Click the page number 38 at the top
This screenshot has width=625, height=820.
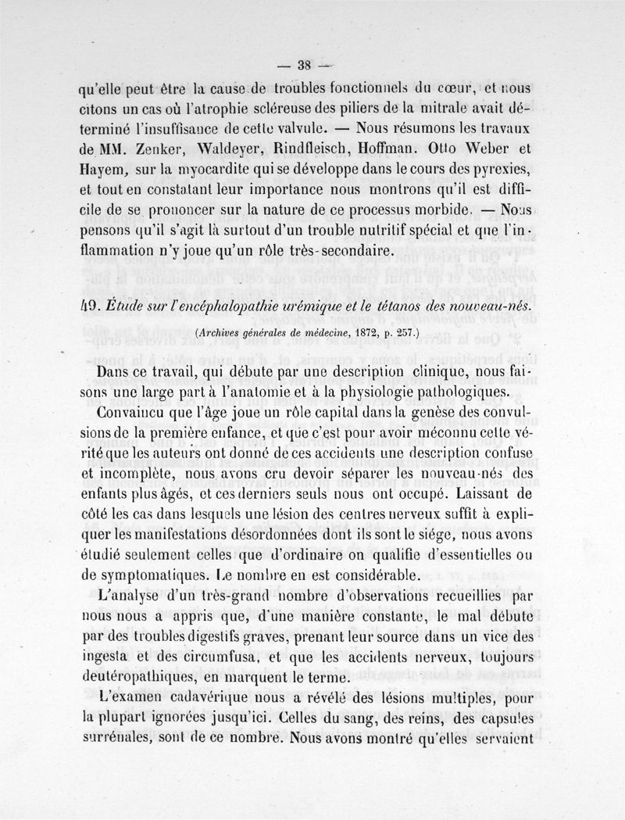point(299,65)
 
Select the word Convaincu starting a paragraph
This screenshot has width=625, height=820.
point(136,412)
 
